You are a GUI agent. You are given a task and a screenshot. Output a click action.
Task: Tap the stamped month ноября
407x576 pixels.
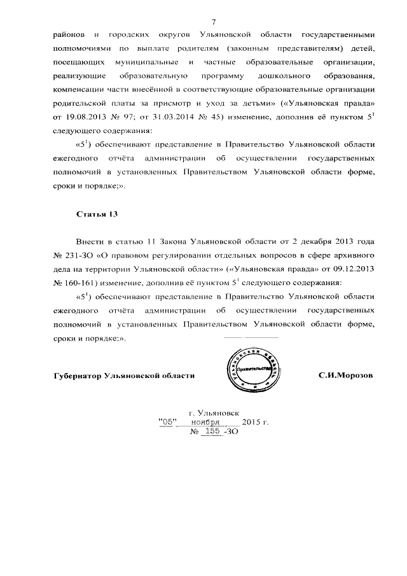[214, 422]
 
